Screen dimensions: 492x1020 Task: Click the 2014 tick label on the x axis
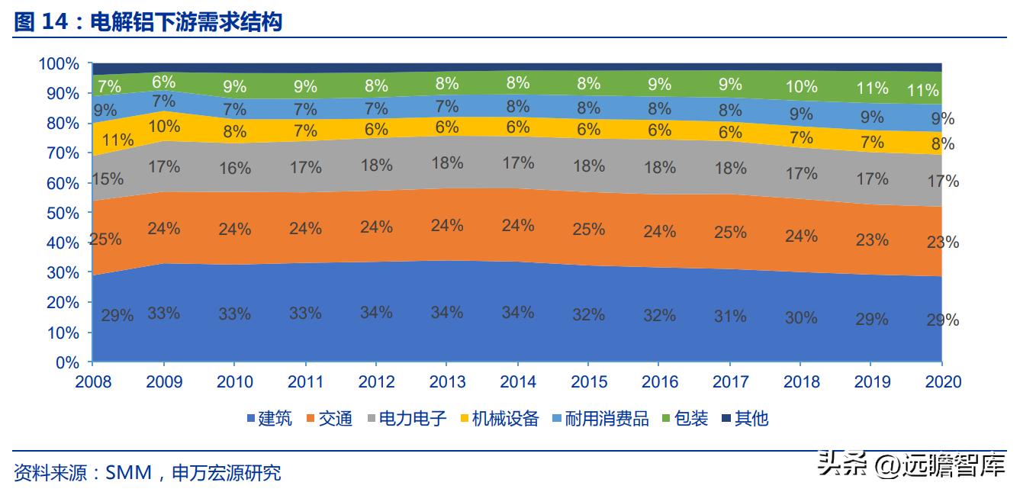coord(518,381)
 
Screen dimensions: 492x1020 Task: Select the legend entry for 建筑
coord(269,418)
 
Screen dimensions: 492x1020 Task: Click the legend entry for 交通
coord(329,418)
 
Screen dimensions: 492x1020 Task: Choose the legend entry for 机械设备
coord(499,418)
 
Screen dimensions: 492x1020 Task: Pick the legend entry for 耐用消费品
coord(599,418)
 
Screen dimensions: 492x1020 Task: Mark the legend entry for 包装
coord(684,418)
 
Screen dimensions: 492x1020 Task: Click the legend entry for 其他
coord(745,418)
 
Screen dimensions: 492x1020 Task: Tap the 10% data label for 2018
coord(801,86)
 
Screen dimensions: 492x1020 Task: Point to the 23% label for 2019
coord(872,240)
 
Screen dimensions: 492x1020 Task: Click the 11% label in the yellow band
coord(117,140)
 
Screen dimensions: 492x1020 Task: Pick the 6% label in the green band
coord(164,82)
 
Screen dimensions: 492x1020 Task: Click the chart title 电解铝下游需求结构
coord(186,22)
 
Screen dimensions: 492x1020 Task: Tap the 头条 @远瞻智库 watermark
coord(911,465)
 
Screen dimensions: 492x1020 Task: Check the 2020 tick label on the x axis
coord(941,381)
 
